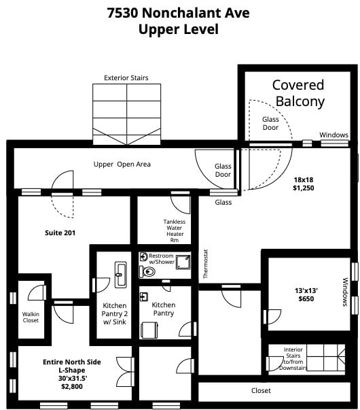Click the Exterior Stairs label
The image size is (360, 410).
126,78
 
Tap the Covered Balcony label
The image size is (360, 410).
299,93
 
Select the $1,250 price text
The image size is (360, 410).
304,188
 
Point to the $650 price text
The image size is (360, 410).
306,299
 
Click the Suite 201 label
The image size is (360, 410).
60,233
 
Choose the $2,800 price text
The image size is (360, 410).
72,386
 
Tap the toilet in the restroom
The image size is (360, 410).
147,272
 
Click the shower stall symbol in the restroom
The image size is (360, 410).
183,262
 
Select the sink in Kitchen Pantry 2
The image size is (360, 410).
120,275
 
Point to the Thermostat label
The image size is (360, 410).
206,264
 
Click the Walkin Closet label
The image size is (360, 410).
31,317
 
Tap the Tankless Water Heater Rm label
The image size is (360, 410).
175,231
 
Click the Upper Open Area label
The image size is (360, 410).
122,165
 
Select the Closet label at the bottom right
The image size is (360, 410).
261,390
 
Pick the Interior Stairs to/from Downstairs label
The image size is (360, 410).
293,359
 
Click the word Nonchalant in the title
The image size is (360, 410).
196,12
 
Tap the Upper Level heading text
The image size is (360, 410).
179,29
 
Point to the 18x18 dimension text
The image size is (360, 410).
304,180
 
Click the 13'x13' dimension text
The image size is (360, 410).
306,290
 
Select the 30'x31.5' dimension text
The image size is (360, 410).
73,378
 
